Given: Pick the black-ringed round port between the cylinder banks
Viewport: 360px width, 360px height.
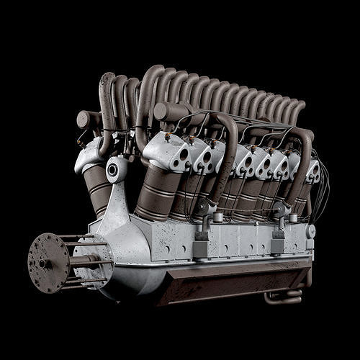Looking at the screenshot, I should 112,171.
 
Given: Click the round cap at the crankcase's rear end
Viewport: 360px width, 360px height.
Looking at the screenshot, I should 311,231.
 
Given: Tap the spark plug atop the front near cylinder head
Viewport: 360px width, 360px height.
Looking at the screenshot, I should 168,136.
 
